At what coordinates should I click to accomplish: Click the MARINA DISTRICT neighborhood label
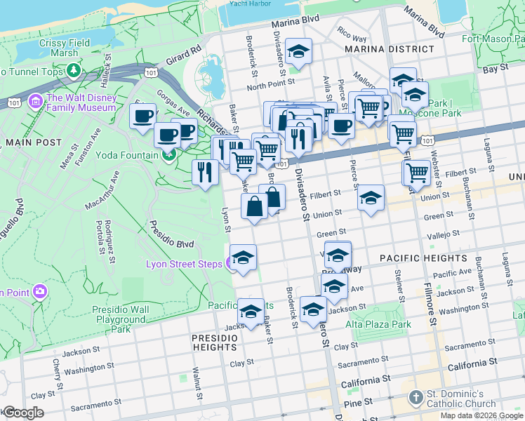(x=389, y=49)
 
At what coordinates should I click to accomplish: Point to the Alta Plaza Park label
(x=378, y=325)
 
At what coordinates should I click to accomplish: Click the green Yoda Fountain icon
(x=168, y=155)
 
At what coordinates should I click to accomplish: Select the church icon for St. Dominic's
(x=416, y=397)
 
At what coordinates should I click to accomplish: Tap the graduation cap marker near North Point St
(x=299, y=52)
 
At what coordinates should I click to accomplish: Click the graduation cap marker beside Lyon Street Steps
(x=244, y=258)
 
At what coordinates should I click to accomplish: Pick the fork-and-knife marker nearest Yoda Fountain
(x=204, y=172)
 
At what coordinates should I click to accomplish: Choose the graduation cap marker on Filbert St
(x=371, y=199)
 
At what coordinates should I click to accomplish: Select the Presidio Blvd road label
(x=171, y=236)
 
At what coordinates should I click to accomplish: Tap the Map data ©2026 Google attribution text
(x=481, y=415)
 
